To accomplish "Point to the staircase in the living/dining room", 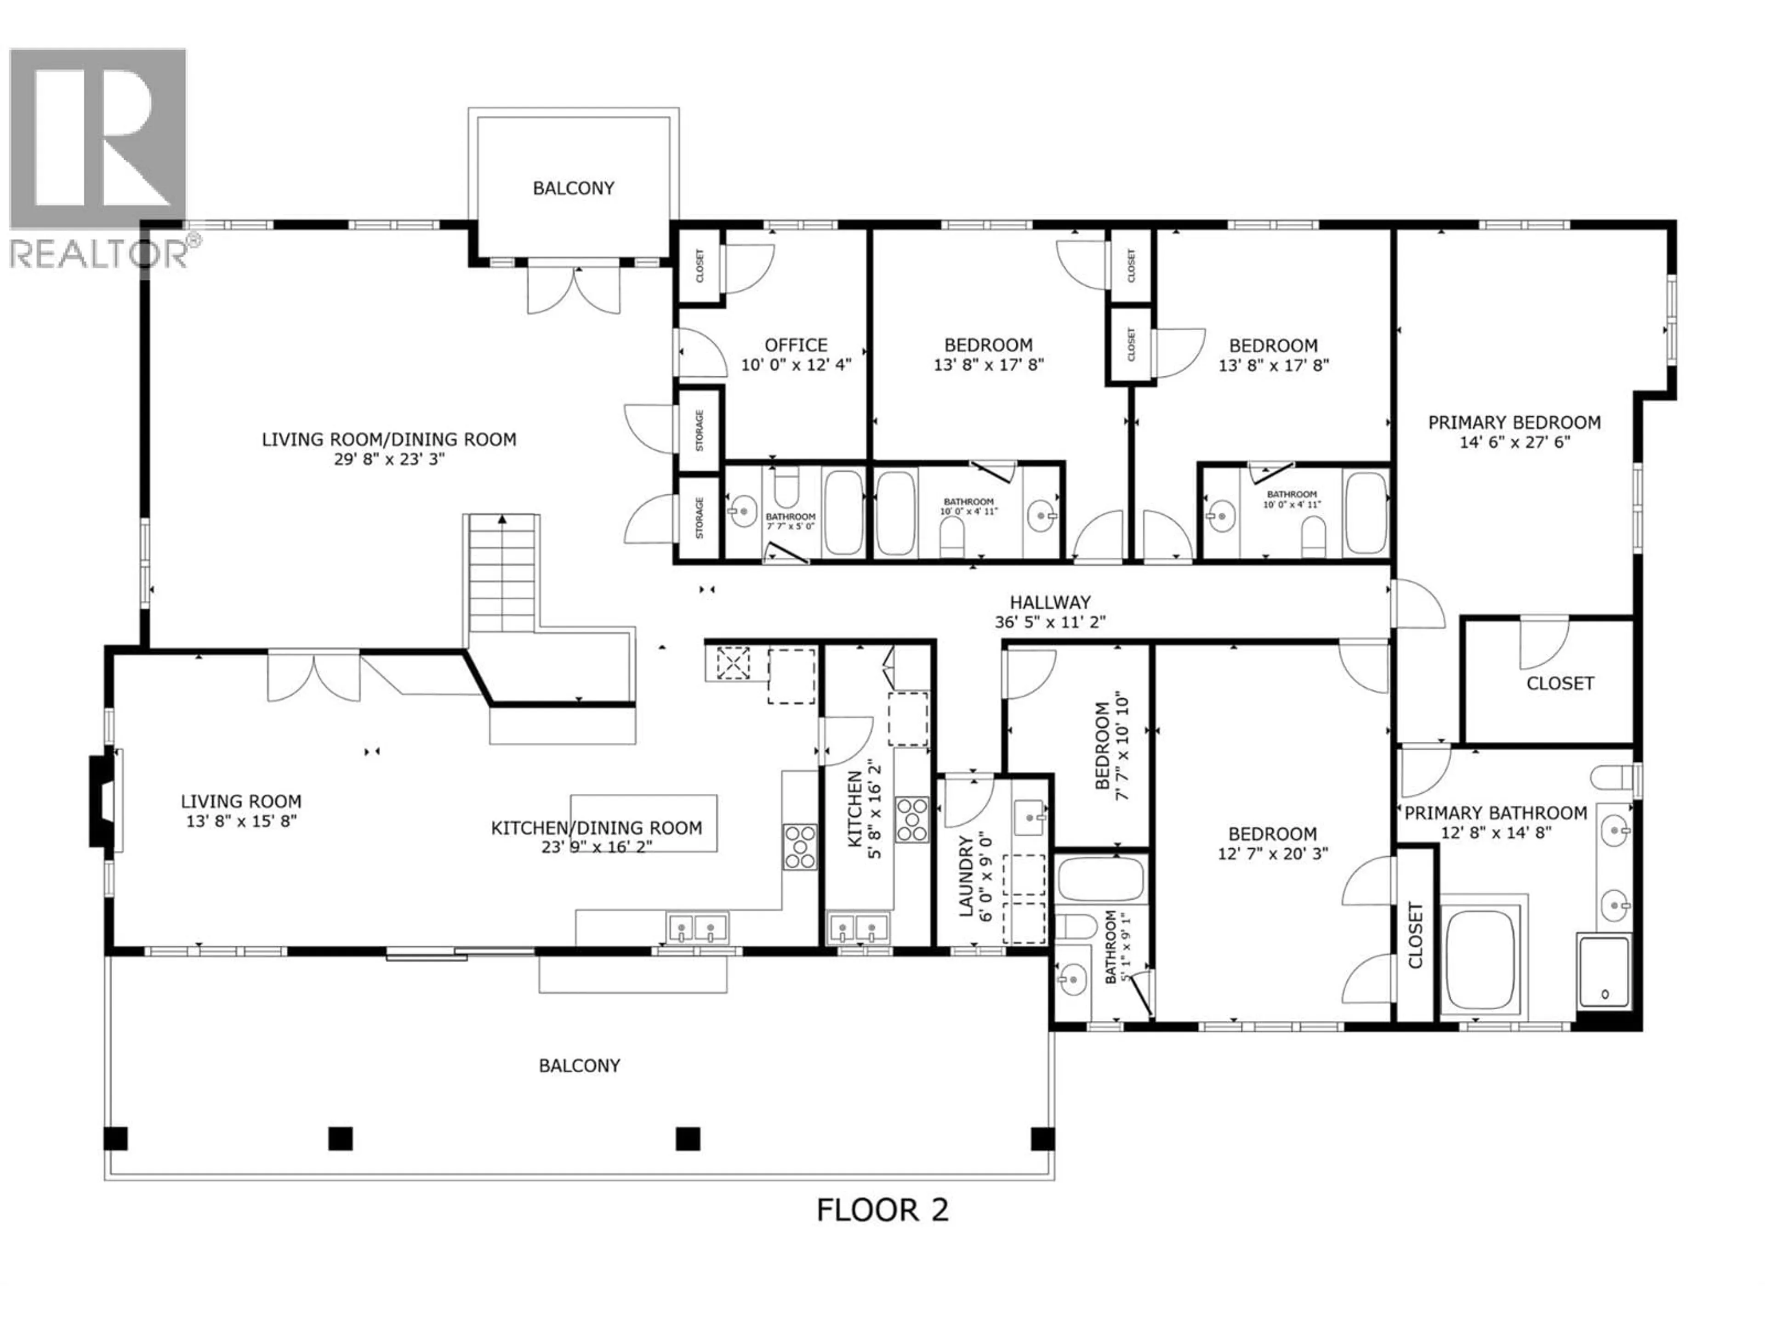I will pos(502,570).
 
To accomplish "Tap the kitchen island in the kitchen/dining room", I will pos(643,823).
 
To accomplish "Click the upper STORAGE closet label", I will pos(700,430).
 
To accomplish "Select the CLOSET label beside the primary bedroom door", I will pos(1559,684).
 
